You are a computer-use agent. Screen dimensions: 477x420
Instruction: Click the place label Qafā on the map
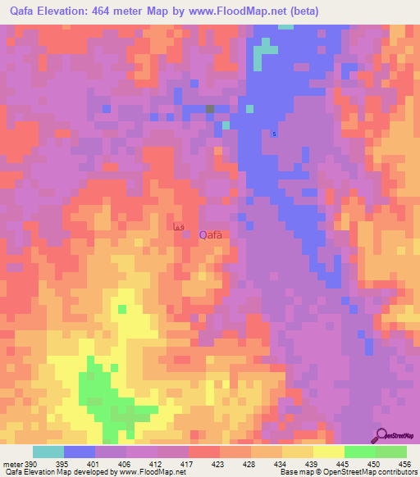click(210, 234)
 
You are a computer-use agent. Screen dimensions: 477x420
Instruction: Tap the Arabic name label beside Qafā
click(179, 227)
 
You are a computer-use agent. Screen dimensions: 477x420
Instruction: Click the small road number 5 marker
click(274, 134)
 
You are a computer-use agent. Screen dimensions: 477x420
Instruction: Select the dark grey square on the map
click(210, 108)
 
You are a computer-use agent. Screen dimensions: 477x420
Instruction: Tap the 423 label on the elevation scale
click(219, 465)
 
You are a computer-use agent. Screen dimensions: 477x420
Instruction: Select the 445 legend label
click(344, 465)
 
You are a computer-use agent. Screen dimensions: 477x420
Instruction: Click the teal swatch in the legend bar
click(48, 452)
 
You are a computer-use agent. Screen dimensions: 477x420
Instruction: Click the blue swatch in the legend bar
click(80, 452)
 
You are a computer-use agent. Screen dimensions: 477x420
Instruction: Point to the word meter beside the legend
click(11, 465)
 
